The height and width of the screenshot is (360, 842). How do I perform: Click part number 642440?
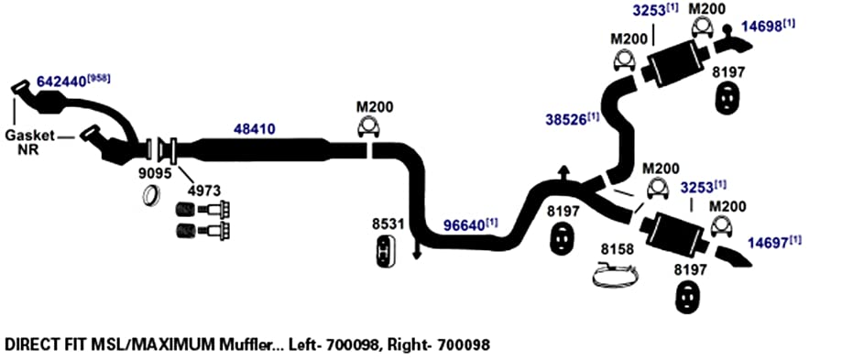[61, 82]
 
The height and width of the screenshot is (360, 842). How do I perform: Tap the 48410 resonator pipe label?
[255, 129]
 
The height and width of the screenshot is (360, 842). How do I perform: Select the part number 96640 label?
[464, 226]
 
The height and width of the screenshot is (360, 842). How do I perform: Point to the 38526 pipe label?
[566, 119]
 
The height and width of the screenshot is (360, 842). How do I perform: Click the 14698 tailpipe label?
[762, 27]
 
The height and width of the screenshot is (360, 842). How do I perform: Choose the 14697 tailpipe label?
[769, 244]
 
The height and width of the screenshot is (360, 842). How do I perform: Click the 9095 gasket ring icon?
[152, 194]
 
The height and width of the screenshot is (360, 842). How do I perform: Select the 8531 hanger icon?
[385, 251]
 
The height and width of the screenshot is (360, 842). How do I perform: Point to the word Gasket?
[29, 136]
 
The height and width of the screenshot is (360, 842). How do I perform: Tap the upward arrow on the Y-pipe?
[563, 173]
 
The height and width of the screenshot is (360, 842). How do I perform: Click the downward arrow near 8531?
[416, 250]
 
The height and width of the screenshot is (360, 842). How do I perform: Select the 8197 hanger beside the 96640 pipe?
[563, 240]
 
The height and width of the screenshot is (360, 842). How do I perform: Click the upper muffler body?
[675, 63]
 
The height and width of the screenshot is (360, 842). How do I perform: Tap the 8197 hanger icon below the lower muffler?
[685, 297]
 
